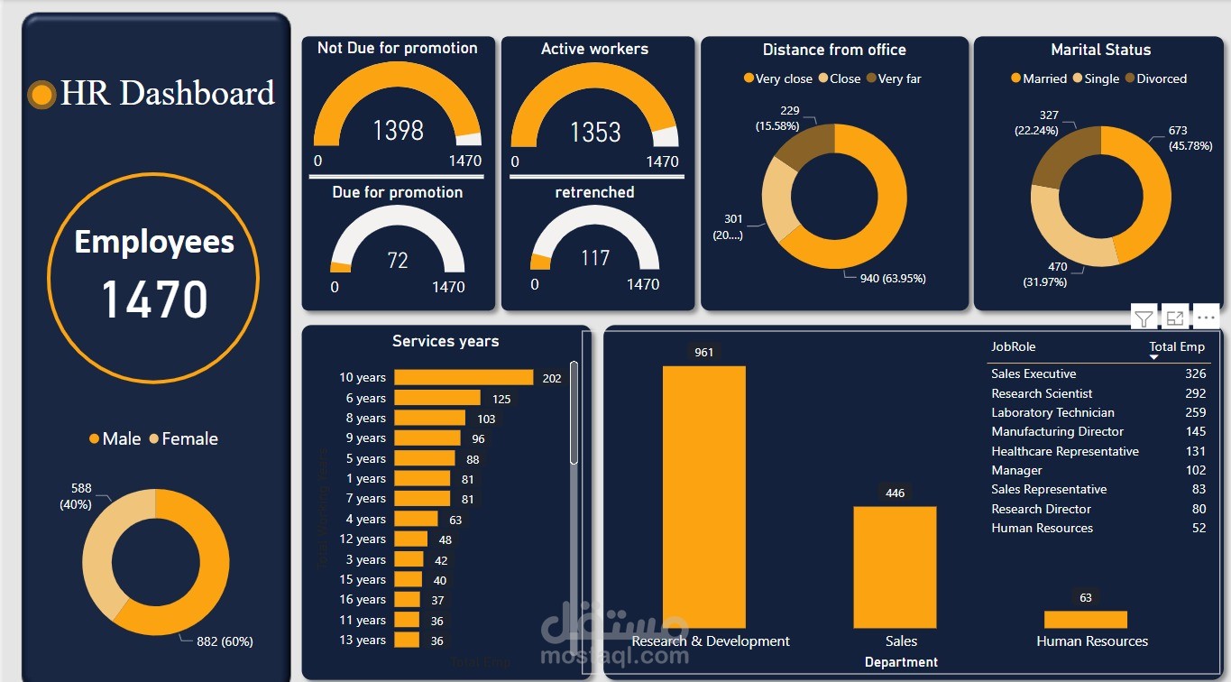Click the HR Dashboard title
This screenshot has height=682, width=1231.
167,94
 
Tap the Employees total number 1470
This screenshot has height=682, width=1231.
154,300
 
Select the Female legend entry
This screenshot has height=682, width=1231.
184,439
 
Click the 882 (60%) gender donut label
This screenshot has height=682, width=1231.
225,641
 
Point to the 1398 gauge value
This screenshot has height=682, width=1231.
398,131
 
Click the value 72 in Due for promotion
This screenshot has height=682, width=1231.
398,261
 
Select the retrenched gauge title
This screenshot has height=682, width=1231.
594,192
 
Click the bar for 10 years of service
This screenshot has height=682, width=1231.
464,378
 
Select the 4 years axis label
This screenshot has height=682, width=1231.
363,520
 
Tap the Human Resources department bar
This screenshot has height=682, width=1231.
1085,620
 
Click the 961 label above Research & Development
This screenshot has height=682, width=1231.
703,352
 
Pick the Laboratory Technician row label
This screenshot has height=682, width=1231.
1052,412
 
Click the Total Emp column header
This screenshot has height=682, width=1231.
1176,347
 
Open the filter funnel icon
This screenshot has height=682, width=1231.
1143,318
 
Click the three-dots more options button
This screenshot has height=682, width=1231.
1206,318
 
